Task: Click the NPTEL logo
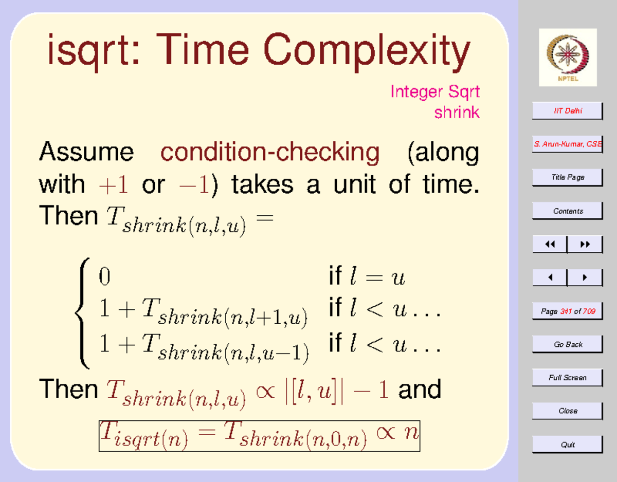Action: tap(568, 58)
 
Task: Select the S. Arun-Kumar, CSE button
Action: tap(567, 144)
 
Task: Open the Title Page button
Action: tap(567, 178)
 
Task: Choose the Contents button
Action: tap(567, 211)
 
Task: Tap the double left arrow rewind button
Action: tap(550, 244)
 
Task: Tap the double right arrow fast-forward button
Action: tap(585, 244)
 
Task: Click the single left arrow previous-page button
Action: tap(550, 277)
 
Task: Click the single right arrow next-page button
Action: tap(585, 277)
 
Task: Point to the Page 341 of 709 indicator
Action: tap(567, 311)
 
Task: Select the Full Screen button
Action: tap(567, 378)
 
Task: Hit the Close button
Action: tap(567, 411)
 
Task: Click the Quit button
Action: tap(567, 444)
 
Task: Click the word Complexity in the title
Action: tap(367, 52)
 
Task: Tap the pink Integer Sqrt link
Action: tap(435, 92)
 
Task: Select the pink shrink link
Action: tap(457, 112)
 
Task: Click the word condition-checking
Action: tap(270, 152)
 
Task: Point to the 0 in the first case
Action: tap(104, 276)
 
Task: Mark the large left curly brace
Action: tap(82, 313)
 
